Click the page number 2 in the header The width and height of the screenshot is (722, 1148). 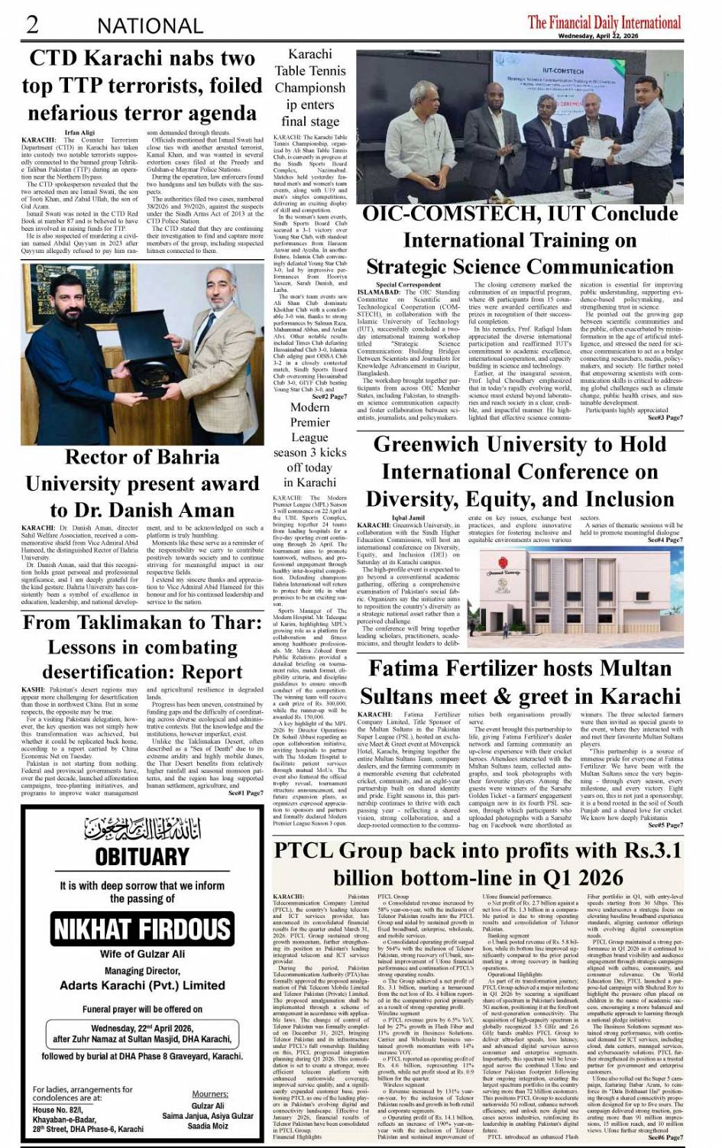tap(32, 24)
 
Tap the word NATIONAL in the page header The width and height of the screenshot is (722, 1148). tap(150, 26)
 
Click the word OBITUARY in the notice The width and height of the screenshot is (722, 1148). tap(142, 857)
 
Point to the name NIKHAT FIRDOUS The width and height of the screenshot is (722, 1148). tap(142, 929)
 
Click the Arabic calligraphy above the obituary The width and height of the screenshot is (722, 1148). tap(143, 828)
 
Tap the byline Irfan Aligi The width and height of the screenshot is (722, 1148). tap(80, 132)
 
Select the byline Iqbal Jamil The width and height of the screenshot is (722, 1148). tap(407, 517)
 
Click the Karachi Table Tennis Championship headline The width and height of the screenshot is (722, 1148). tap(309, 87)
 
